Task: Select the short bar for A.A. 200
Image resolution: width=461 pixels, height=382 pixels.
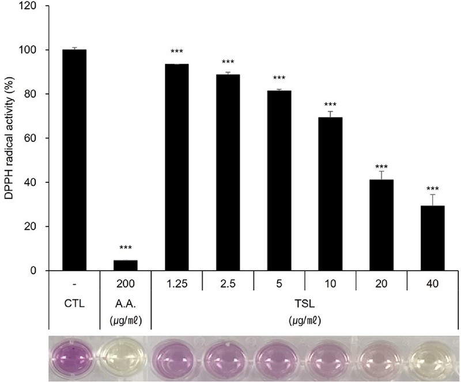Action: pos(126,265)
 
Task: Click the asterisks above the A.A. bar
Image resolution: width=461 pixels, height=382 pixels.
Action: pos(126,249)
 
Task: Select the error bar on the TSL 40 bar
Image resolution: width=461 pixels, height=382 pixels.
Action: pos(432,200)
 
